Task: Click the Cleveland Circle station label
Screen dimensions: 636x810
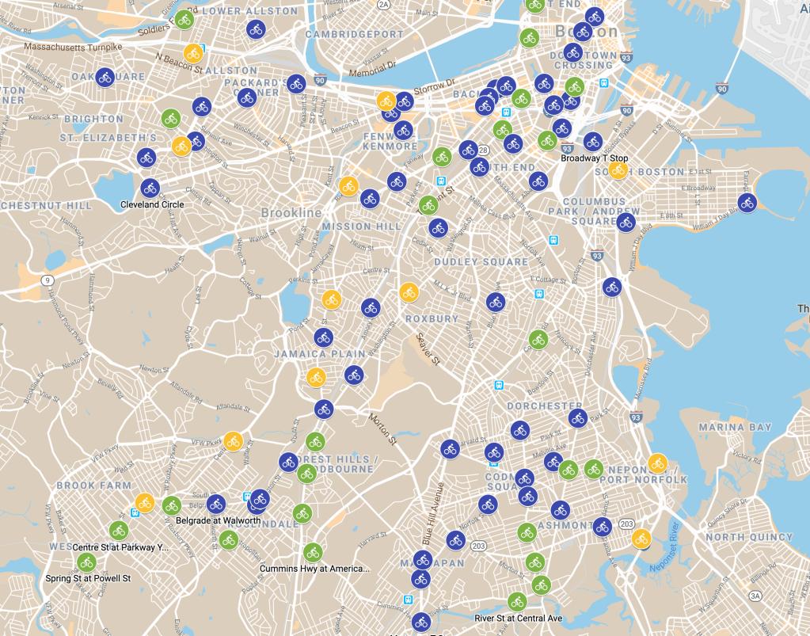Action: point(152,204)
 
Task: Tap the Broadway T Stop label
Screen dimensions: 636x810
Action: point(594,158)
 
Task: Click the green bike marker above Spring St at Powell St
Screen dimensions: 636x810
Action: point(86,562)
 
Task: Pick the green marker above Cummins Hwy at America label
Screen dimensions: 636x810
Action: point(313,552)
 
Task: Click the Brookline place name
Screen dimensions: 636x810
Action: point(291,213)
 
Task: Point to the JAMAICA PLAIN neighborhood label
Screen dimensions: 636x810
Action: point(320,354)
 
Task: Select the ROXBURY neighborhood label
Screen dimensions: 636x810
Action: point(432,318)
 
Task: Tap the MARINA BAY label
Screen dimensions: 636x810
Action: point(735,428)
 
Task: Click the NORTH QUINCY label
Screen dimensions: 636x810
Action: point(748,537)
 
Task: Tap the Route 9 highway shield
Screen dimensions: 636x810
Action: point(48,280)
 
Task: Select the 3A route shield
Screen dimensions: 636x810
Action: point(755,596)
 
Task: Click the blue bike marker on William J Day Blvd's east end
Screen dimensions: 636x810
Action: point(747,203)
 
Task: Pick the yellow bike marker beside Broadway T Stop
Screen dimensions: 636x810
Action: point(618,169)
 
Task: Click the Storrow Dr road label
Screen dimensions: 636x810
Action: point(439,82)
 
